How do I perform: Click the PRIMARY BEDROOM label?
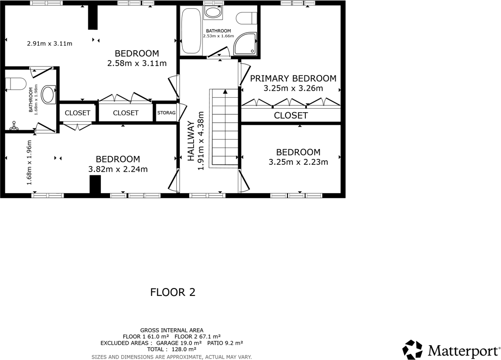pos(293,78)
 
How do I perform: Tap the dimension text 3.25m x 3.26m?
pos(293,88)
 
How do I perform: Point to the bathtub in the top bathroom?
pos(191,31)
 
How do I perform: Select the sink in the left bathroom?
pos(49,94)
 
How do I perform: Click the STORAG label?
pos(166,113)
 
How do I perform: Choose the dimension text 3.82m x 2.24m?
pos(118,169)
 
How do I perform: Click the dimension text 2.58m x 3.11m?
pos(137,63)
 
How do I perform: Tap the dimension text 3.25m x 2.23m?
pos(298,162)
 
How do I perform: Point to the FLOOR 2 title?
pos(173,292)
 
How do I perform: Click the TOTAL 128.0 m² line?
pos(172,349)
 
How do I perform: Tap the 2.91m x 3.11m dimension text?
pos(49,44)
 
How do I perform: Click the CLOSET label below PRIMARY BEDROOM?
pos(291,115)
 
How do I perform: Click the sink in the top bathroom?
pos(213,12)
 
